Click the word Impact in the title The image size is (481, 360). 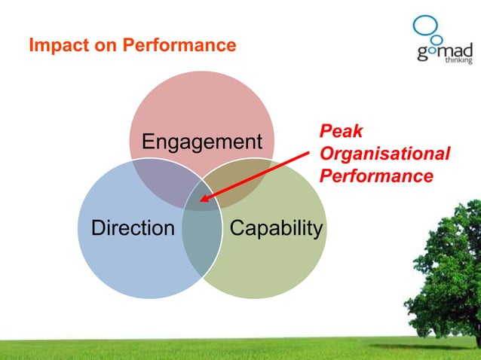coord(54,46)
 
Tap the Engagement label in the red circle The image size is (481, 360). coord(202,142)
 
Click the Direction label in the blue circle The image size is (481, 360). coord(132,227)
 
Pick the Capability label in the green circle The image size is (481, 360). coord(276,227)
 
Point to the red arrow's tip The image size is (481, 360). coord(201,201)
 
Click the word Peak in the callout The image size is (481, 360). coord(341,132)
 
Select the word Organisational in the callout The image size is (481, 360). coord(384,154)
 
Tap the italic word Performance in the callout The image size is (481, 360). coord(376,177)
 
